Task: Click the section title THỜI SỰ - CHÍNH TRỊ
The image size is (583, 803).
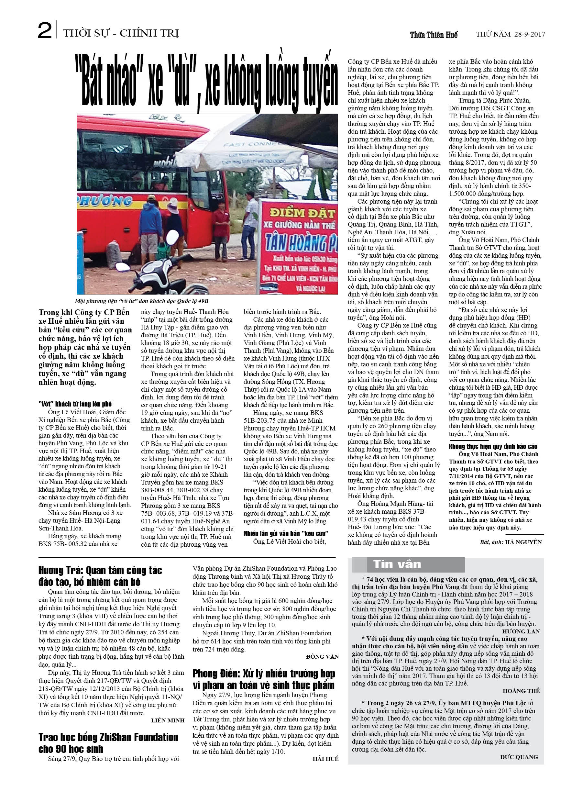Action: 121,33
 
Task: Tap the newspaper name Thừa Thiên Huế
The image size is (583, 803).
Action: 434,35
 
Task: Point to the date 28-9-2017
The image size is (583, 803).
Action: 530,34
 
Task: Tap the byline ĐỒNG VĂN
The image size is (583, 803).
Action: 322,657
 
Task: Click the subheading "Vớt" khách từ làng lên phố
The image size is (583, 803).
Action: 75,404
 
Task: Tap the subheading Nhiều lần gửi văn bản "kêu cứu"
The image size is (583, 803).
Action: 286,533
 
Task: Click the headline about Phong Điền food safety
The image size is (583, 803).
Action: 264,679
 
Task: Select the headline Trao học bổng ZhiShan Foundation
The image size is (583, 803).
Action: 108,743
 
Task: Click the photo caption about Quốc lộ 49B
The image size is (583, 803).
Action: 142,301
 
